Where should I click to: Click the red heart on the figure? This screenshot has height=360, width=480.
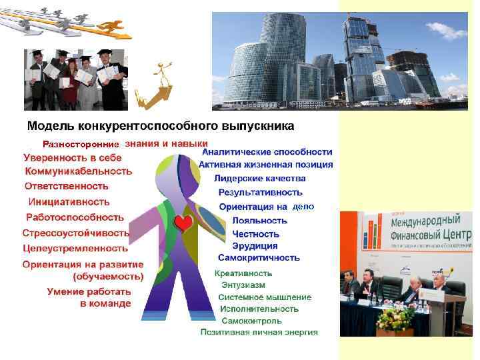pyautogui.click(x=182, y=223)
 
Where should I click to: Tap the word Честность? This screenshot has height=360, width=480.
pyautogui.click(x=256, y=234)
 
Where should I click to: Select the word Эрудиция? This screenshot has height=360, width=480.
pyautogui.click(x=255, y=246)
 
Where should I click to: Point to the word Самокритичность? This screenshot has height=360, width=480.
pyautogui.click(x=259, y=257)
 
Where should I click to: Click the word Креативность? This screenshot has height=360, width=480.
pyautogui.click(x=243, y=273)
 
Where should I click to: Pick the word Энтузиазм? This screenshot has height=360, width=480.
pyautogui.click(x=243, y=285)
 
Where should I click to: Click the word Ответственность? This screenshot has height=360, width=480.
pyautogui.click(x=67, y=186)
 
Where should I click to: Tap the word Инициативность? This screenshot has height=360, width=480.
pyautogui.click(x=69, y=201)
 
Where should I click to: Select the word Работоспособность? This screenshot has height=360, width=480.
pyautogui.click(x=75, y=217)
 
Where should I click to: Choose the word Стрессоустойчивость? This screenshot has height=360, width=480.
pyautogui.click(x=76, y=233)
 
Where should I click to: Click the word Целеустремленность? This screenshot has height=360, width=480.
pyautogui.click(x=75, y=248)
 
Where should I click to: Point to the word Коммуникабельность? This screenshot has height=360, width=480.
pyautogui.click(x=78, y=171)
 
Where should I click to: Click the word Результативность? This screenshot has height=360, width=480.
pyautogui.click(x=260, y=193)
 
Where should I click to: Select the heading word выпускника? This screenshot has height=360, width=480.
pyautogui.click(x=257, y=125)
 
